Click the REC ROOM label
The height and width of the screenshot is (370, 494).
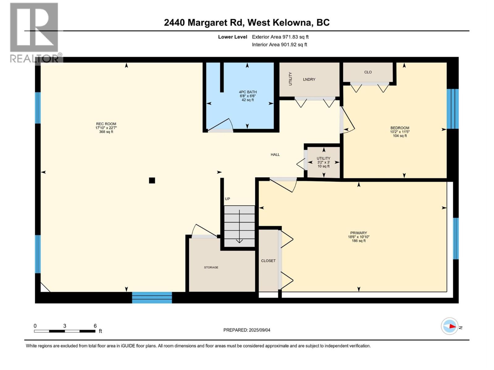click(106, 124)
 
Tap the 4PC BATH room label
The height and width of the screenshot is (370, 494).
click(248, 92)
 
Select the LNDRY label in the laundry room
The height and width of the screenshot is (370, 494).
click(309, 80)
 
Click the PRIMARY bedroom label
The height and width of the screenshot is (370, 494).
click(358, 233)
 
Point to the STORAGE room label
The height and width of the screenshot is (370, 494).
click(211, 267)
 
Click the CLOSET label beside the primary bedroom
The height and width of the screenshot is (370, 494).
click(268, 261)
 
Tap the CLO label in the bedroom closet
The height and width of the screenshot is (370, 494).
click(368, 72)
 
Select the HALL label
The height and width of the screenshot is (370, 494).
click(275, 155)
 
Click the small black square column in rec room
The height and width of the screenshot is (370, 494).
click(152, 180)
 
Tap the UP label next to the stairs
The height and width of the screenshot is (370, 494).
click(228, 199)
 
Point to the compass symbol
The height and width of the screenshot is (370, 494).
click(450, 326)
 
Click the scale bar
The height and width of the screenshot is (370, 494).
click(65, 331)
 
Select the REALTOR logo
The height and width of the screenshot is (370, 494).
click(34, 32)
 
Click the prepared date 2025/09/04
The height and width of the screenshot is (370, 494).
click(247, 330)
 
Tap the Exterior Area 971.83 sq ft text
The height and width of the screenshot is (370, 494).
click(280, 37)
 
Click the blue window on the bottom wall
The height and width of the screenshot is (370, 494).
click(152, 298)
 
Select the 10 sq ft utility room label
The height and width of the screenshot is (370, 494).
click(324, 166)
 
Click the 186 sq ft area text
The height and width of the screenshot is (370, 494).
click(358, 241)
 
